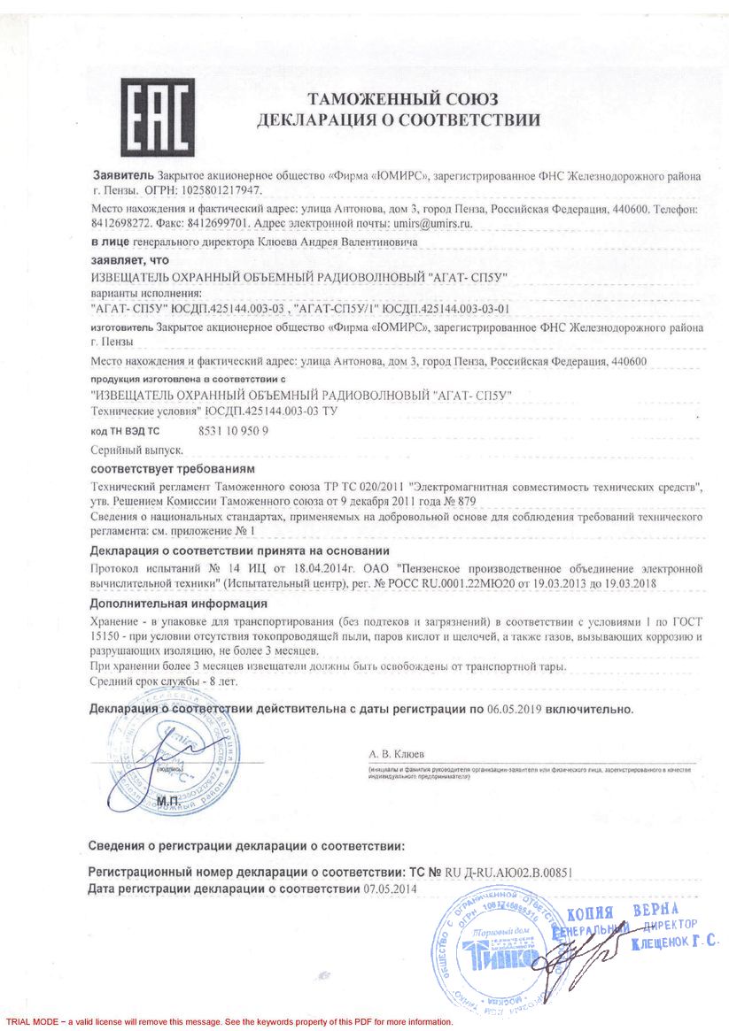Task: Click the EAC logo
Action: pyautogui.click(x=158, y=115)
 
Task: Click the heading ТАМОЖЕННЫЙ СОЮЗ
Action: pyautogui.click(x=402, y=98)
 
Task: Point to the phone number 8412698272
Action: pyautogui.click(x=120, y=224)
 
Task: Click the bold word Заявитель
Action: pyautogui.click(x=123, y=176)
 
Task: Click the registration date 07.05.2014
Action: pyautogui.click(x=390, y=888)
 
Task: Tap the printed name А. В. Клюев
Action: pyautogui.click(x=397, y=754)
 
